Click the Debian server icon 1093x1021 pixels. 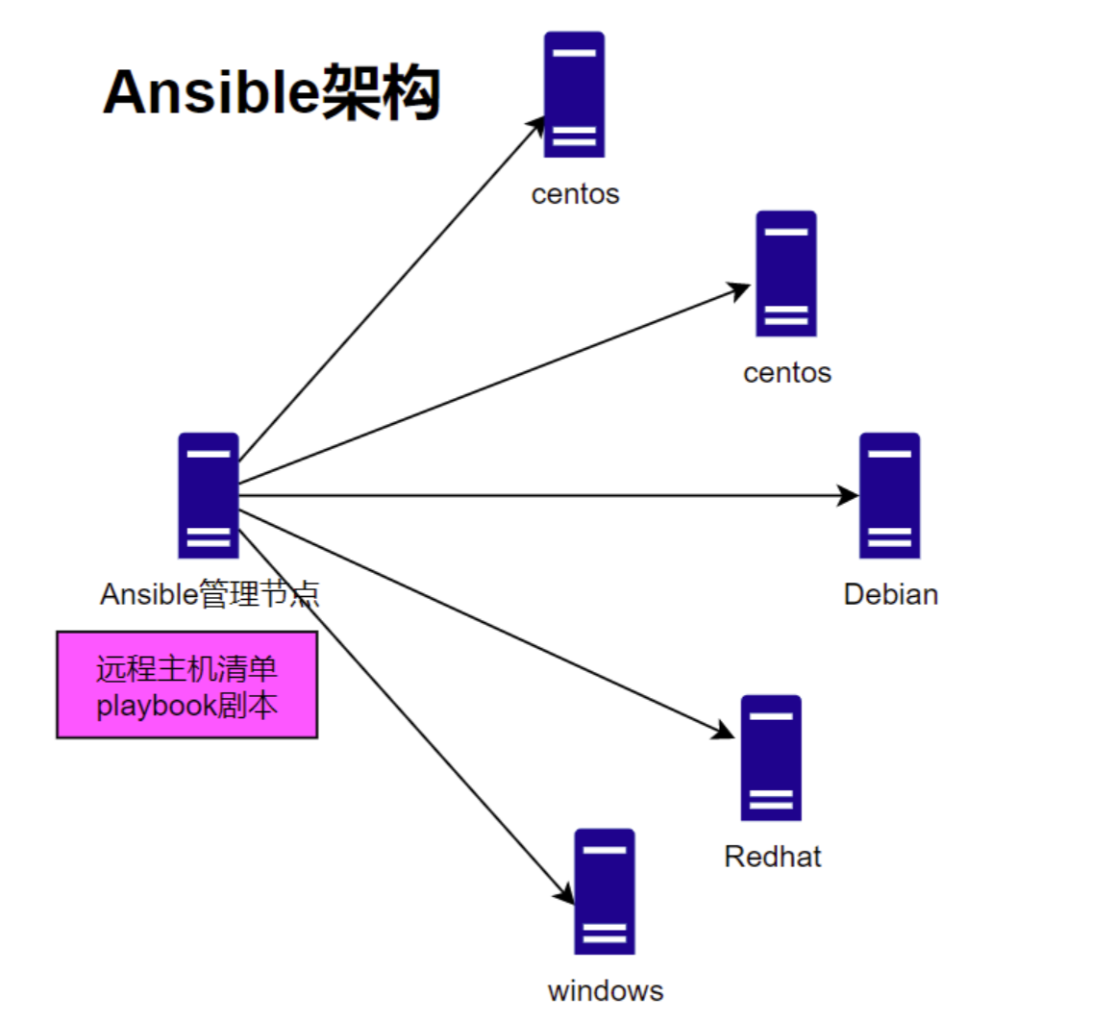pyautogui.click(x=889, y=495)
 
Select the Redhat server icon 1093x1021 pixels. pyautogui.click(x=770, y=758)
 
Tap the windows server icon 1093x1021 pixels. pyautogui.click(x=605, y=891)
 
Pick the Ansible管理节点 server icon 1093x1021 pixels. pyautogui.click(x=208, y=495)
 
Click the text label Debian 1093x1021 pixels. pyautogui.click(x=890, y=594)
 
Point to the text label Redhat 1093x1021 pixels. pyautogui.click(x=773, y=856)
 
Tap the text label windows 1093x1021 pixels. pyautogui.click(x=606, y=990)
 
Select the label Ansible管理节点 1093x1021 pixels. pyautogui.click(x=210, y=594)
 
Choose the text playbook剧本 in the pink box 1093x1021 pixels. pyautogui.click(x=187, y=707)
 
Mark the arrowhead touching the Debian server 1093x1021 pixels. pyautogui.click(x=848, y=495)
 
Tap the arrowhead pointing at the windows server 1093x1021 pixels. pyautogui.click(x=565, y=893)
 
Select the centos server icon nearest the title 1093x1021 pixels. pyautogui.click(x=574, y=94)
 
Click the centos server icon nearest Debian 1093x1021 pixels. pyautogui.click(x=785, y=274)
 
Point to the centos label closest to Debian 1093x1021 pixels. pyautogui.click(x=787, y=372)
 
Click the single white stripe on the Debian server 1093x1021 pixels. pyautogui.click(x=889, y=453)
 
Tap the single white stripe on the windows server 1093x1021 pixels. pyautogui.click(x=605, y=849)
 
